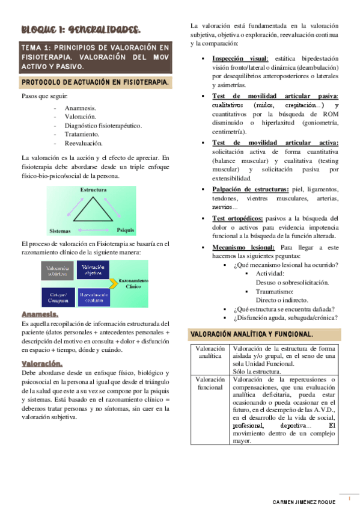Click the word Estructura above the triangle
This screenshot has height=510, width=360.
93,189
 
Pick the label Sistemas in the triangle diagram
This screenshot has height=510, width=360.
60,230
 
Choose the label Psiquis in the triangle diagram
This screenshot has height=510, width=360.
126,230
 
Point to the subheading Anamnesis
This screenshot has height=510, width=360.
40,315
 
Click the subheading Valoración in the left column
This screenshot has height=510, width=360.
42,363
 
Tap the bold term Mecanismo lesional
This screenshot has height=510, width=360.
244,247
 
